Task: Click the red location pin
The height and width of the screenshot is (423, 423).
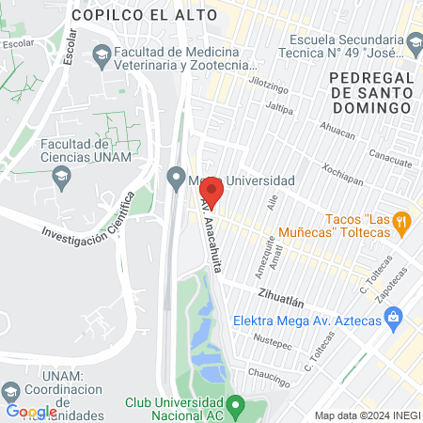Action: [211, 191]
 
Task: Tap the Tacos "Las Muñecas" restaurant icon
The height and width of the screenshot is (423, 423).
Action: [401, 222]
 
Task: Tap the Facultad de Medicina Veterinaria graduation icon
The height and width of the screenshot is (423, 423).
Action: [101, 56]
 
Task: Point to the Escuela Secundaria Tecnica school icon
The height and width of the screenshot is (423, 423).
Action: [414, 40]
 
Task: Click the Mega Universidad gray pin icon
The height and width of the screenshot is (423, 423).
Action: [175, 176]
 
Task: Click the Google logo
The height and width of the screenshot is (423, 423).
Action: [31, 412]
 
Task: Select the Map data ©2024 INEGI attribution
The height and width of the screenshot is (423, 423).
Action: [367, 415]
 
